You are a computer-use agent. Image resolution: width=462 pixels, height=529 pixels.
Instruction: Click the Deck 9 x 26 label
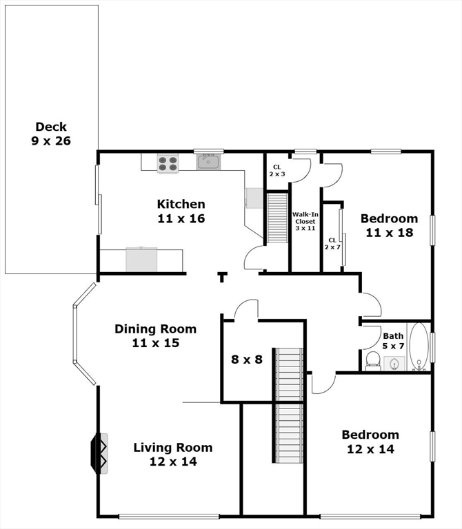[x=51, y=134]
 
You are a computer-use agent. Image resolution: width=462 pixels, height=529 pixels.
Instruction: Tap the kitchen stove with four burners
[x=168, y=163]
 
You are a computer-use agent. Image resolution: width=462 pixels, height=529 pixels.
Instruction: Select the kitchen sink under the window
[x=208, y=163]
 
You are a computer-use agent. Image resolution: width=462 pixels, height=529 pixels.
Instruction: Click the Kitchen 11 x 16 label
[x=181, y=211]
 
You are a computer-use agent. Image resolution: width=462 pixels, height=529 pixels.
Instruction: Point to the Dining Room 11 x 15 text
[x=155, y=335]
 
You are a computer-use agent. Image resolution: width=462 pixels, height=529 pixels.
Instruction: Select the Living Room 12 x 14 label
[x=172, y=455]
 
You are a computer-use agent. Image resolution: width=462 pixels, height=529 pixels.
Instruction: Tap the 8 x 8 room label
[x=246, y=359]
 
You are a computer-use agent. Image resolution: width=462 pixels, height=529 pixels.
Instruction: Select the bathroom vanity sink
[x=395, y=363]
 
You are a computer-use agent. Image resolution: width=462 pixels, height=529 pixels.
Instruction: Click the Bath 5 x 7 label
[x=393, y=341]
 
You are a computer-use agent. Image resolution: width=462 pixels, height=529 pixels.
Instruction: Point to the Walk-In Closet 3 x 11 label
[x=304, y=221]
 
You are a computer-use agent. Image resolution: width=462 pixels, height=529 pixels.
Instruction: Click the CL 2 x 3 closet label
[x=277, y=170]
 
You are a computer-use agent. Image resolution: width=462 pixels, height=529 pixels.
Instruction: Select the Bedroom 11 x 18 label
[x=389, y=226]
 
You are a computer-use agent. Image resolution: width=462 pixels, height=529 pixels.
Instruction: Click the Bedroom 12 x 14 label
[x=370, y=442]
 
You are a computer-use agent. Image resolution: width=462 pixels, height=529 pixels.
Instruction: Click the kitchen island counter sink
[x=141, y=258]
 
